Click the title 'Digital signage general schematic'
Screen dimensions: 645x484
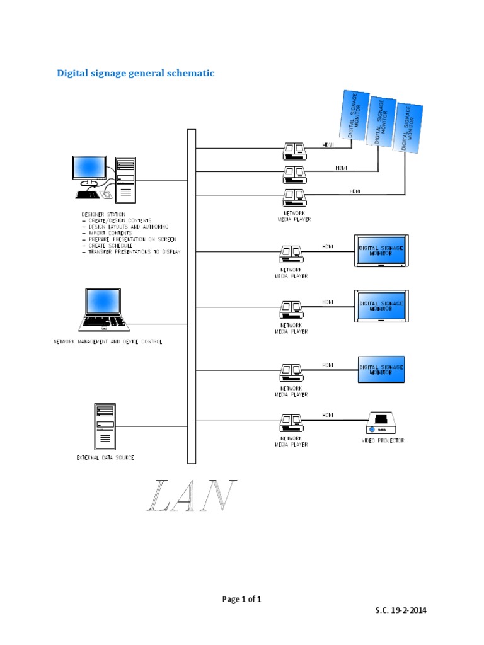tap(135, 73)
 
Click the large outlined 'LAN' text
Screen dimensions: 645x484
tap(192, 496)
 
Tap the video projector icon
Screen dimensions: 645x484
tap(381, 422)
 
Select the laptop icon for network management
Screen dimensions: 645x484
tap(104, 310)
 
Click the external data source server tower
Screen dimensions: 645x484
tap(105, 425)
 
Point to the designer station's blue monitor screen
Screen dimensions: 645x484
tap(89, 166)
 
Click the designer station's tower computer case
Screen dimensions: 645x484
tap(126, 180)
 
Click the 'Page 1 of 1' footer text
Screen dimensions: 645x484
tap(241, 599)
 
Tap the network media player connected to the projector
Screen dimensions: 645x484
tap(291, 422)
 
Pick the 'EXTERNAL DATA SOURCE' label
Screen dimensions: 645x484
tap(105, 457)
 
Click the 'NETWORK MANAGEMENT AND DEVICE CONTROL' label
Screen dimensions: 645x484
tap(107, 341)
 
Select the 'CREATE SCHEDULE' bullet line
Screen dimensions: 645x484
tap(110, 245)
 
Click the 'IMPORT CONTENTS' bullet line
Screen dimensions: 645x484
tap(108, 233)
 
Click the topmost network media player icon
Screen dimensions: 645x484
tap(294, 149)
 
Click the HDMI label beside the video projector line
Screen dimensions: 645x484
tap(328, 415)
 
